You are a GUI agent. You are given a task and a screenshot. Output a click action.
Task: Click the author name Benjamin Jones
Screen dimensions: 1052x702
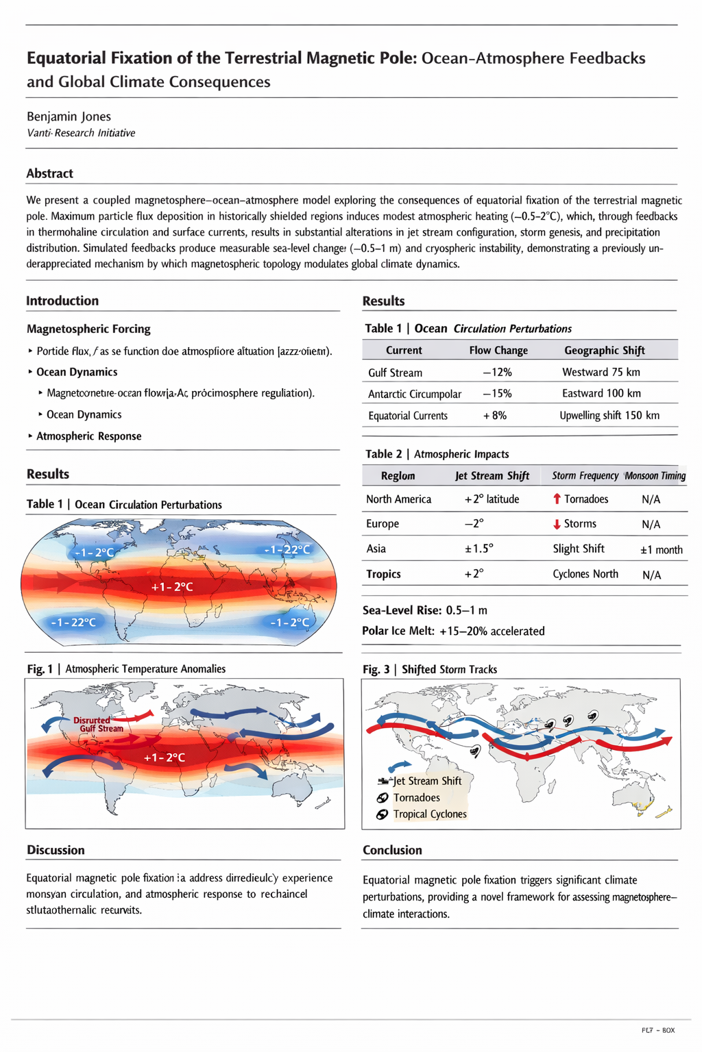pos(69,116)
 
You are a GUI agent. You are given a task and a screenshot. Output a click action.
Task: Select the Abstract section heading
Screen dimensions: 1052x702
pos(49,173)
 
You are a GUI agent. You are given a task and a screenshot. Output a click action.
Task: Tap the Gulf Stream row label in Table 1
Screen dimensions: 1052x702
pos(395,373)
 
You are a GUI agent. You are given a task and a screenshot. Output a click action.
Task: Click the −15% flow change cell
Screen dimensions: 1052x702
pos(497,394)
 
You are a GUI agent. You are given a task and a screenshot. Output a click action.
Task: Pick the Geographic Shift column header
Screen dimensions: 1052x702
pos(604,350)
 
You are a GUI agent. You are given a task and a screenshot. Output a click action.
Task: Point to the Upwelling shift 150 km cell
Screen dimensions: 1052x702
pos(609,416)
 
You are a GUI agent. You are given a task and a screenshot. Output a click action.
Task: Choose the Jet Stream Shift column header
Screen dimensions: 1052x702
pos(492,475)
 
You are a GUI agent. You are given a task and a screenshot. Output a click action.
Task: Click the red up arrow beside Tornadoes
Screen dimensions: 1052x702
pos(557,499)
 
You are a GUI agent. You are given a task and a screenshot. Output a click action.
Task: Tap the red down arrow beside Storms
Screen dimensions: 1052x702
pos(557,524)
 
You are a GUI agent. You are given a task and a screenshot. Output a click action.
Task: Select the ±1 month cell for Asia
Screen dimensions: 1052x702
pos(661,549)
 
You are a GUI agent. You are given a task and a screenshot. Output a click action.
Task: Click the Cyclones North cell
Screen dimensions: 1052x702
pos(585,574)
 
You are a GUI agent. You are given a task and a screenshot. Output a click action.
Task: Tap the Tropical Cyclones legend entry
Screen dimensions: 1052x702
pos(429,814)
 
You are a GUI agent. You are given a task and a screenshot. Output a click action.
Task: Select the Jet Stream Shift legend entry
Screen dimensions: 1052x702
pos(426,781)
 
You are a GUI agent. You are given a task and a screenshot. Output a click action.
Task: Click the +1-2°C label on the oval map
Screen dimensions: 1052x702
pos(171,587)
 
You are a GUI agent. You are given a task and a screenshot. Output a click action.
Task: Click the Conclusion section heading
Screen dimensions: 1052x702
pos(392,850)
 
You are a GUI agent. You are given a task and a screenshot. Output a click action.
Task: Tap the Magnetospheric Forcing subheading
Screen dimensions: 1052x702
pos(88,329)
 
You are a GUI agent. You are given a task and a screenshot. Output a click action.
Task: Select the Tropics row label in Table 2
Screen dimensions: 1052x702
pos(383,574)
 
